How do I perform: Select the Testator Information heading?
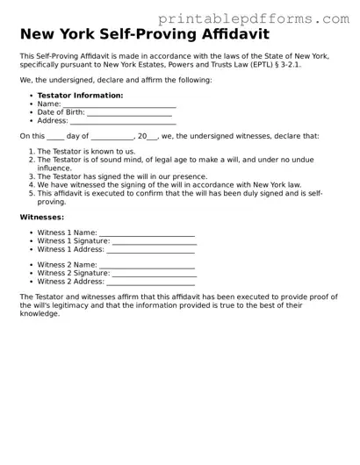pyautogui.click(x=80, y=96)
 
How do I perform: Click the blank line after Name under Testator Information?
pyautogui.click(x=119, y=104)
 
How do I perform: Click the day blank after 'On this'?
pyautogui.click(x=55, y=137)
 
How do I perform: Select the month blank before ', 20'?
pyautogui.click(x=112, y=137)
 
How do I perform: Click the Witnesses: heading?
pyautogui.click(x=41, y=217)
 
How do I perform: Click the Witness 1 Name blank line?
pyautogui.click(x=147, y=232)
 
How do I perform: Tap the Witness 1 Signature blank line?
pyautogui.click(x=155, y=241)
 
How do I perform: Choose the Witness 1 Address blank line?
pyautogui.click(x=150, y=250)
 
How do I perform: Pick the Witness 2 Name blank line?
pyautogui.click(x=147, y=264)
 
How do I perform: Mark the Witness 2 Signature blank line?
pyautogui.click(x=155, y=273)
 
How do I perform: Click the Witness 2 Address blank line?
pyautogui.click(x=150, y=282)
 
